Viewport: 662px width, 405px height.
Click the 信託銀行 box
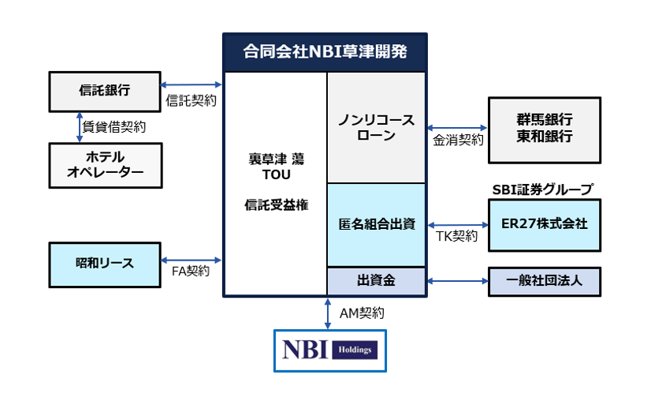tap(105, 92)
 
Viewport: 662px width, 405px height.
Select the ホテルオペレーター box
tap(106, 165)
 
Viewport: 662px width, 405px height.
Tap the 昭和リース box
tap(105, 265)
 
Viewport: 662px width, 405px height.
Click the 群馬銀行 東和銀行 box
tap(545, 130)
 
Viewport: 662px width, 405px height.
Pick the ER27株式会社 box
tap(545, 225)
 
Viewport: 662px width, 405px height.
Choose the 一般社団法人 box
tap(545, 282)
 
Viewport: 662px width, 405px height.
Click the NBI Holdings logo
tap(330, 351)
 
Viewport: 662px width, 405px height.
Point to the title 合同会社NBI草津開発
tap(325, 51)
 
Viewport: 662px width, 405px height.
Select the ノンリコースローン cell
tap(376, 128)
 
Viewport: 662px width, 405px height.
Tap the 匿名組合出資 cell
tap(376, 225)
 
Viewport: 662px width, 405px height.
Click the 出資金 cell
tap(376, 281)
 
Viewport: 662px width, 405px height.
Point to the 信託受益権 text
tap(277, 205)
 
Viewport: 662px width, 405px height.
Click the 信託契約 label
tap(191, 100)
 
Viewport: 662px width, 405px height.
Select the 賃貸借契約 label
tap(114, 127)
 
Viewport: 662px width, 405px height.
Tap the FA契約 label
tap(191, 271)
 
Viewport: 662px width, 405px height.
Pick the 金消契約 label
tap(458, 140)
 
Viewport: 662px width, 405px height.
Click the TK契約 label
tap(457, 236)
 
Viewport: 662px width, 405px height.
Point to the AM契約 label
tap(362, 313)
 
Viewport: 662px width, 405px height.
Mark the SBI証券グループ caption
tap(543, 189)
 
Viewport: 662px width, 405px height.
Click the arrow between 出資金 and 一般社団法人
tap(457, 281)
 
